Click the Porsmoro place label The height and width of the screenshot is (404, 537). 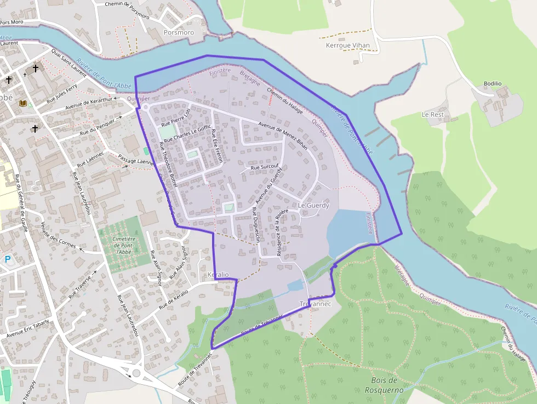click(179, 33)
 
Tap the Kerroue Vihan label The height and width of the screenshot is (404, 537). click(347, 45)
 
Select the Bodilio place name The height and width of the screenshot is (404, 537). click(492, 84)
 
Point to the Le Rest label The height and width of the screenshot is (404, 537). click(432, 115)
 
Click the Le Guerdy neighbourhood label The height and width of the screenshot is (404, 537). click(313, 206)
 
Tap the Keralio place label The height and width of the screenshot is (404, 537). click(218, 274)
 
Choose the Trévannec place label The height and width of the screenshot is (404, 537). click(313, 304)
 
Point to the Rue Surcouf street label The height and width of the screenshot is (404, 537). click(265, 166)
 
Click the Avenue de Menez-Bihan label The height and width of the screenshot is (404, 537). click(283, 135)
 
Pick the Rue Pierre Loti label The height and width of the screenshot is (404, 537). click(180, 116)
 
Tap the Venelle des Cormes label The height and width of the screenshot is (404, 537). click(59, 234)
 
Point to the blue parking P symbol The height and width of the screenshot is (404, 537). click(8, 259)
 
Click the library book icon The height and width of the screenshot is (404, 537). click(23, 103)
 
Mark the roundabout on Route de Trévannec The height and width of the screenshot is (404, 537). click(136, 374)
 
